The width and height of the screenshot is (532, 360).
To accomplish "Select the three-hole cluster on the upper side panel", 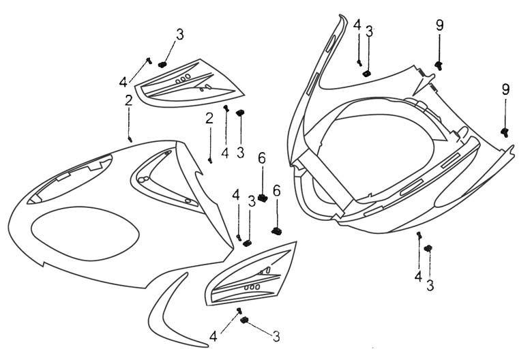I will click(183, 80).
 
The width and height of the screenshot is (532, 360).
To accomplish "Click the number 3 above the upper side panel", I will click(179, 34).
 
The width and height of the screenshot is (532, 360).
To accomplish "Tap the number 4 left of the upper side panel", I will click(123, 82).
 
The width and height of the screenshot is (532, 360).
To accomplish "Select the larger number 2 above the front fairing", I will click(128, 102).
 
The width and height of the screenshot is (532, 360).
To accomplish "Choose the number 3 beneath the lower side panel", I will click(276, 336).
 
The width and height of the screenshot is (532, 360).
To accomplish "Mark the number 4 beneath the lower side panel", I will click(213, 335).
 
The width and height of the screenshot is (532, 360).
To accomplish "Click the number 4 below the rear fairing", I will click(418, 276).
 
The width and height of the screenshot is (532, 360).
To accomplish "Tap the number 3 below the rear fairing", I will click(430, 285).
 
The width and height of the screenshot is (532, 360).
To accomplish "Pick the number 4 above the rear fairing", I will click(357, 25).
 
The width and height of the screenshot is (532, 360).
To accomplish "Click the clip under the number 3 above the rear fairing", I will click(367, 72).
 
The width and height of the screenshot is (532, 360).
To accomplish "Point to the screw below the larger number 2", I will click(130, 138).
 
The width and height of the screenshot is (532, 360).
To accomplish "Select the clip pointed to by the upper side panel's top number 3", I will click(162, 64).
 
